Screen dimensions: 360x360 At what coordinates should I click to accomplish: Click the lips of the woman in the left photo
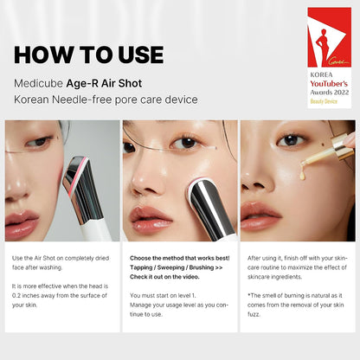(x=21, y=224)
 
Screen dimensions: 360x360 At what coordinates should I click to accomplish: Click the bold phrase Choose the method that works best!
(x=179, y=259)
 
